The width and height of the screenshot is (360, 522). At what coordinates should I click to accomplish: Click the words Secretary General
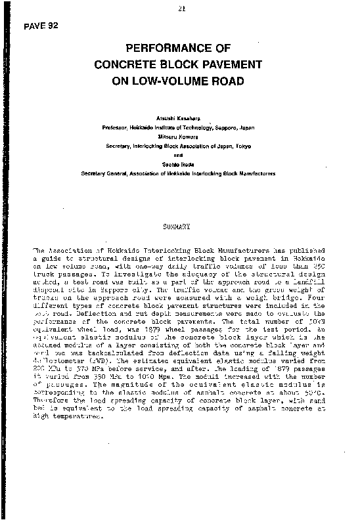tap(101, 173)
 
